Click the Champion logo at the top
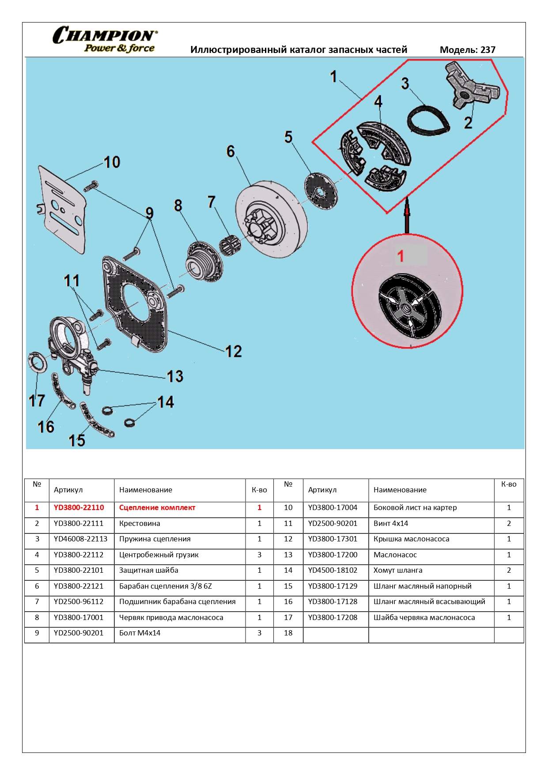(x=105, y=40)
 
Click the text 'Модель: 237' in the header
(x=467, y=50)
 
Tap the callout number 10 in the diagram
(x=112, y=162)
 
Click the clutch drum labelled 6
(x=270, y=219)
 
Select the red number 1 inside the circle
(x=401, y=256)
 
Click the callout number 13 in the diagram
(x=175, y=376)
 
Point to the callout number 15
(x=77, y=440)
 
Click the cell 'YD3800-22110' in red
(x=79, y=508)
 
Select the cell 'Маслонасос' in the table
(x=395, y=555)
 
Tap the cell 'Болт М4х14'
(x=140, y=633)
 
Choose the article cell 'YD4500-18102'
(x=333, y=570)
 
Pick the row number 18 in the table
(x=288, y=633)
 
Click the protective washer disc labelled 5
(x=321, y=191)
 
